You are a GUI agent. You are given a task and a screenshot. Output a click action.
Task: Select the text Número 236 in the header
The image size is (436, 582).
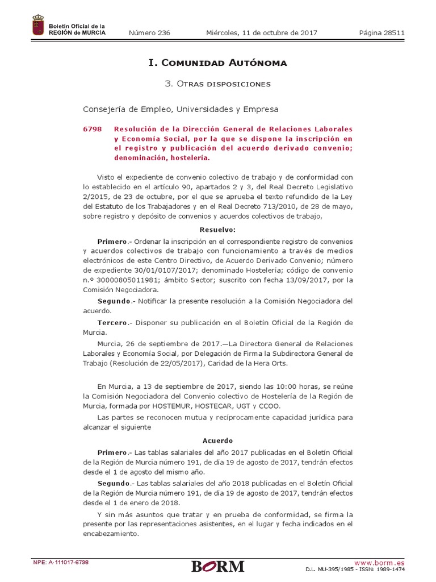pos(150,33)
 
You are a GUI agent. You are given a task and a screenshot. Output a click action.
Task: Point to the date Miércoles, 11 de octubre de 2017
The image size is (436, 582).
pos(261,33)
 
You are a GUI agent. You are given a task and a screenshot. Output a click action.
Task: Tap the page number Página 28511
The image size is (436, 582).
pos(381,33)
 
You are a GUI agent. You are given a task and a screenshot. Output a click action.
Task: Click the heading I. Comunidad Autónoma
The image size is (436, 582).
pos(217,63)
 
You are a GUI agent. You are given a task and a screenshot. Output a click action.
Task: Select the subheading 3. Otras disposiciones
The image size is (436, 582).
pos(217,84)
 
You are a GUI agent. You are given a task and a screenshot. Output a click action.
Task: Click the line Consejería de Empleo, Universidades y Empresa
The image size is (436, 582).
pos(181,109)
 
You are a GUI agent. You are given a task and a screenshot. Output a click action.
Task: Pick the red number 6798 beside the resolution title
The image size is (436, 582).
pos(92,129)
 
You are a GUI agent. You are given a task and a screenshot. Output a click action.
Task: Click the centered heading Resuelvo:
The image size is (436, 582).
pos(217,230)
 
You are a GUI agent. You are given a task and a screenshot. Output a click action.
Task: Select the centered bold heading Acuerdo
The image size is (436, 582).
pos(217,440)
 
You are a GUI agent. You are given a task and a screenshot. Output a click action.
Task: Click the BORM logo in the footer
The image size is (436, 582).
pos(217,566)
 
